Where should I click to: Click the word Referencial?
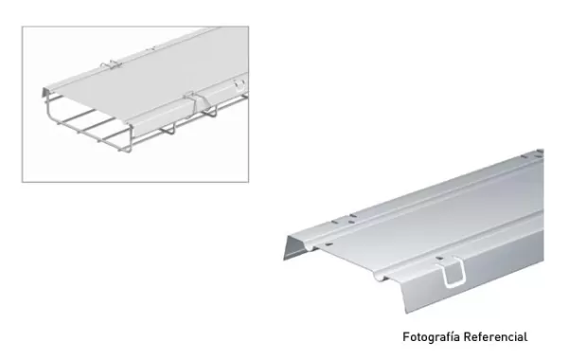pyautogui.click(x=493, y=336)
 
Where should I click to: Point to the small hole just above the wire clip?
pyautogui.click(x=440, y=257)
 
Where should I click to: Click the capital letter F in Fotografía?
pyautogui.click(x=406, y=336)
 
